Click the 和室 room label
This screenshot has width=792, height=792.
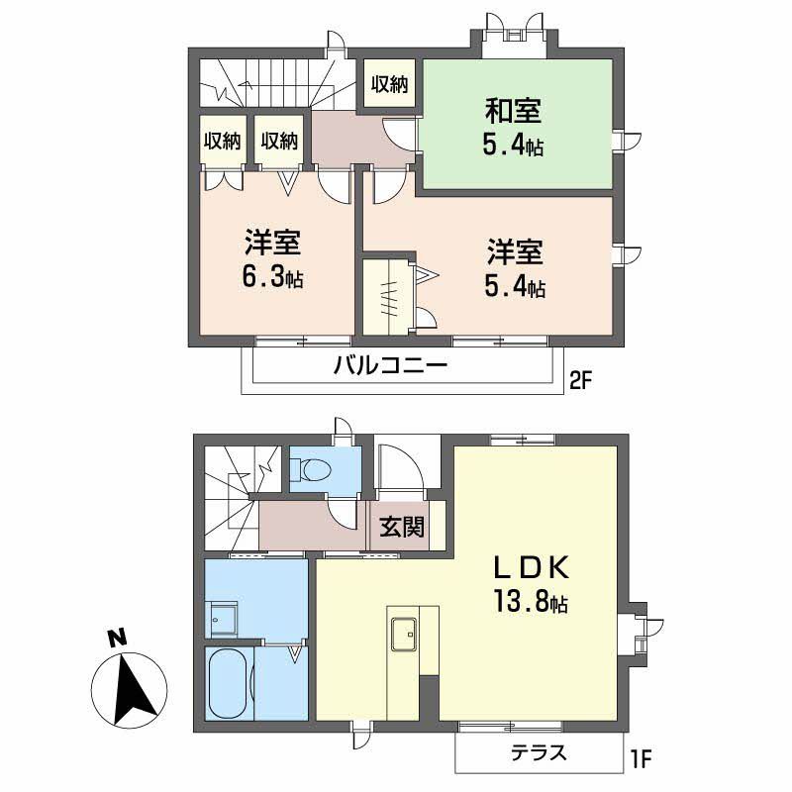coord(513,111)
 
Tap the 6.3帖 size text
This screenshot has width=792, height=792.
coord(273,277)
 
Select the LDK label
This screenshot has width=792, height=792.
coord(532,567)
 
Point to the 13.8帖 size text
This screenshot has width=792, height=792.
coord(531,601)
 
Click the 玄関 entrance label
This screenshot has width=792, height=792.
coord(402,527)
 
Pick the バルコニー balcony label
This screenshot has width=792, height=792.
coord(390,364)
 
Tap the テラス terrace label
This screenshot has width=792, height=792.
coord(539,752)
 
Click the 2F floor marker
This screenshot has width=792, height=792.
coord(580,381)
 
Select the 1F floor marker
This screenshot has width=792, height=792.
coord(641,758)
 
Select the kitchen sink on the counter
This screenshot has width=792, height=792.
coord(404,634)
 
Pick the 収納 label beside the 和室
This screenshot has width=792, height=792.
coord(389,84)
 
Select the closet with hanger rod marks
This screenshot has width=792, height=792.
coord(387,297)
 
